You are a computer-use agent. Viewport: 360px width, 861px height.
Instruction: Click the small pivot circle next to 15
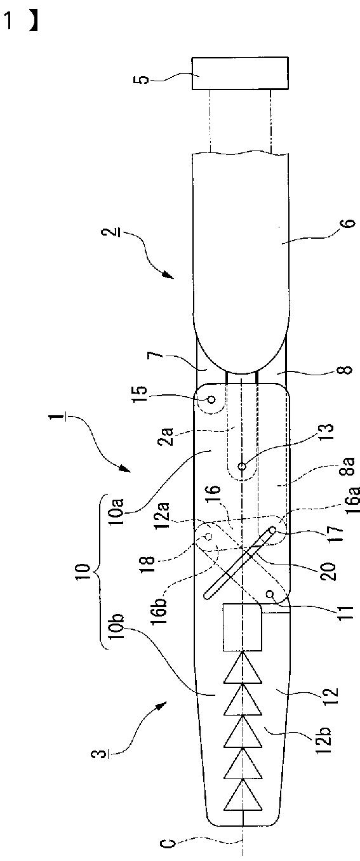pos(211,399)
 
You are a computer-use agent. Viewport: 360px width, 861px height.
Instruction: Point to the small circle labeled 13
pos(243,466)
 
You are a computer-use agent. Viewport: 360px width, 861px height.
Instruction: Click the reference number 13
pos(326,433)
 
